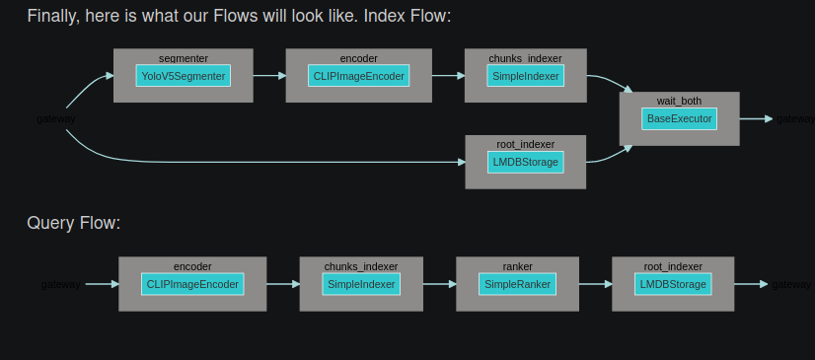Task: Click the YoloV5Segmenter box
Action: coord(184,76)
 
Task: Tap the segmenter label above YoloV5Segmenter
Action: coord(183,58)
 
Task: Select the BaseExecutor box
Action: coord(679,118)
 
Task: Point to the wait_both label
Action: coord(679,101)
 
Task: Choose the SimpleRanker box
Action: coord(517,284)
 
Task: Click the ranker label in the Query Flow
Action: coord(517,266)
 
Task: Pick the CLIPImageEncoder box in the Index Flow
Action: coord(359,76)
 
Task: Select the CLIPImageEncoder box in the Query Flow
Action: coord(192,284)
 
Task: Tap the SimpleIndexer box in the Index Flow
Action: coord(525,76)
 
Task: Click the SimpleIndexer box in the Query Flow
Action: coord(361,284)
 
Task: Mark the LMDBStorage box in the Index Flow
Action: coord(525,161)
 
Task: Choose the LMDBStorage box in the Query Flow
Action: coord(673,284)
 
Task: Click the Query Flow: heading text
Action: coord(74,223)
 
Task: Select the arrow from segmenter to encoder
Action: coord(268,75)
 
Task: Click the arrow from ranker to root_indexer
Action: coord(595,284)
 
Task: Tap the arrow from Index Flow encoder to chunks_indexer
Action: coord(447,75)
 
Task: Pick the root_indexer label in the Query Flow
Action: coord(673,266)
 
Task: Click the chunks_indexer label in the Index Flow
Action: coord(525,58)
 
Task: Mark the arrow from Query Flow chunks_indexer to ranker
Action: coord(439,284)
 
